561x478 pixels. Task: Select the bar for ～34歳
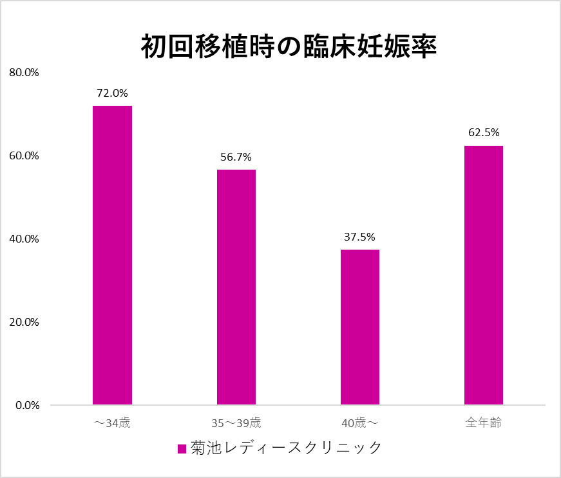tap(112, 255)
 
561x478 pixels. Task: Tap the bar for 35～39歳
tap(236, 287)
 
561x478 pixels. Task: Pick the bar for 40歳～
tap(359, 327)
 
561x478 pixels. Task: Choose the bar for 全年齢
tap(483, 275)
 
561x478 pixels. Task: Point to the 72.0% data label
tap(112, 94)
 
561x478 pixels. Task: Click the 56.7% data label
tap(236, 157)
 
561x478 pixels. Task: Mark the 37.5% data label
tap(359, 237)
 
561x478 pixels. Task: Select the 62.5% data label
tap(483, 134)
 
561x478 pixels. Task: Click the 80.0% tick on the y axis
tap(24, 73)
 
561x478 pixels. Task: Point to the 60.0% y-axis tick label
tap(24, 156)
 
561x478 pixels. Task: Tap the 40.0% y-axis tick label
tap(24, 239)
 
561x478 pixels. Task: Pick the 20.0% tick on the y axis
tap(24, 323)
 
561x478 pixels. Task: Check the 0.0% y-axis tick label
tap(26, 406)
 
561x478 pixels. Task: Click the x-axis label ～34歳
tap(112, 424)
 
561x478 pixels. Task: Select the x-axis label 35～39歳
tap(236, 424)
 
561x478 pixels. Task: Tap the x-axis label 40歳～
tap(359, 424)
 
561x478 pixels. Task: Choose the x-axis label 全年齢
tap(483, 424)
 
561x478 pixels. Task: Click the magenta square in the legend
tap(182, 448)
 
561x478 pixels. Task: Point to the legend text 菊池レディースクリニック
tap(287, 448)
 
